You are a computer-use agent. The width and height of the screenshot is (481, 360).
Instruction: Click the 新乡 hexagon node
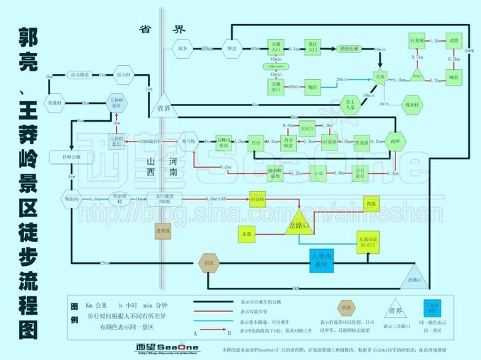(182, 48)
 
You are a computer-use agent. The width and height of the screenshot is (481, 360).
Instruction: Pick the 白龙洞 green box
(417, 41)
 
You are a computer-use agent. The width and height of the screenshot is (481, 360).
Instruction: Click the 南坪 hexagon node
(395, 141)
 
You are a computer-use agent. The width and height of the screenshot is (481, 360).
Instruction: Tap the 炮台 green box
(313, 86)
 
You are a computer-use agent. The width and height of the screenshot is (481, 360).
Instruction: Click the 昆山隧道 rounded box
(78, 74)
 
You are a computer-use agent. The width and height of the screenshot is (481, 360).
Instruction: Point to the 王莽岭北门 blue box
(117, 139)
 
